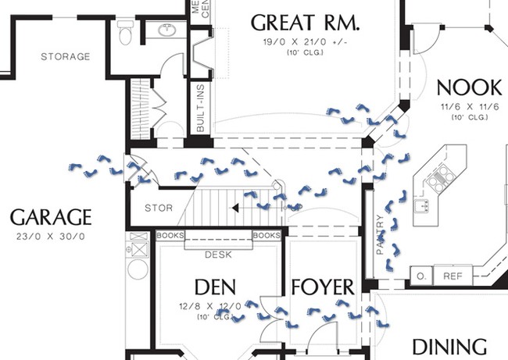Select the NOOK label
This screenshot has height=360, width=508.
469,87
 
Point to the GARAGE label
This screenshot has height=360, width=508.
51,217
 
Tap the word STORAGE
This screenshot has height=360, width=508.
66,57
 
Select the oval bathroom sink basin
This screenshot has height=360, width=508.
168,30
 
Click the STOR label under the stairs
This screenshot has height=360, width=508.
159,209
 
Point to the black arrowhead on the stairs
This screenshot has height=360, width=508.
234,209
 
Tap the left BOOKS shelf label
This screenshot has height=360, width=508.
170,235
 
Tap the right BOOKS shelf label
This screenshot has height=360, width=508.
267,235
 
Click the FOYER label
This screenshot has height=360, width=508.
322,287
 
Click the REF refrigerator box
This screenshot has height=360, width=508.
453,276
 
